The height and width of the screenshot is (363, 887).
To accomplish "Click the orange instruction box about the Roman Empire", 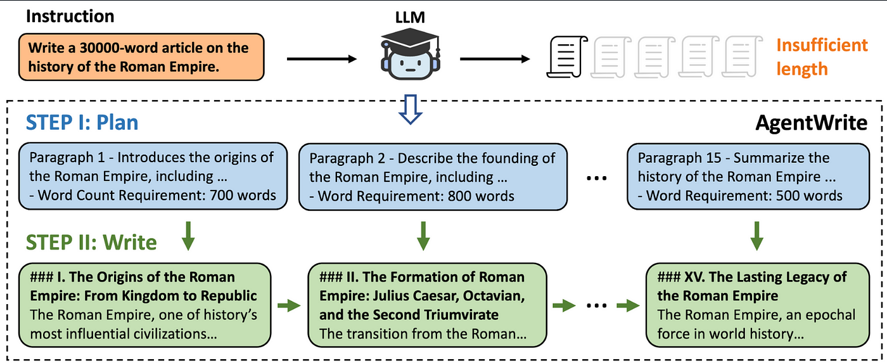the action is [141, 57].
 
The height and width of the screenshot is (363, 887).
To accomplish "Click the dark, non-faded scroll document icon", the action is [567, 56].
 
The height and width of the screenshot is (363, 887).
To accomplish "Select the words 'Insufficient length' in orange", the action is [822, 57].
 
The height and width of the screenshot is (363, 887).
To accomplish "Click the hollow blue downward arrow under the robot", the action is [411, 110].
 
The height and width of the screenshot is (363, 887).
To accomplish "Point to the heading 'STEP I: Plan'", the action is [82, 122].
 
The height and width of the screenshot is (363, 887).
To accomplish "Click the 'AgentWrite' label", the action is [812, 123].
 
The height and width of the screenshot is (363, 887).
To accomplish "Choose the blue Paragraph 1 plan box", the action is [153, 176].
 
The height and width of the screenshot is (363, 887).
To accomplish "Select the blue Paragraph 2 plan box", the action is [433, 177].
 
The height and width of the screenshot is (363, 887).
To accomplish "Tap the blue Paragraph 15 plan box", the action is [748, 177].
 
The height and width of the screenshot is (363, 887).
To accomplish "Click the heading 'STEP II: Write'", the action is [91, 242].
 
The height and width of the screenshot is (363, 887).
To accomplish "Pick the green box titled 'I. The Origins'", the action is [145, 305].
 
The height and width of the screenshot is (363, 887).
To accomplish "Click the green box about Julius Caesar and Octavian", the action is [427, 305].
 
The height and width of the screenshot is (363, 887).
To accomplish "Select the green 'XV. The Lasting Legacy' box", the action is [758, 305].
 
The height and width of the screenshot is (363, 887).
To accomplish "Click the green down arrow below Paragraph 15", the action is [756, 236].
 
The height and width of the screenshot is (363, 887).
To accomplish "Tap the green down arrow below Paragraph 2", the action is [423, 236].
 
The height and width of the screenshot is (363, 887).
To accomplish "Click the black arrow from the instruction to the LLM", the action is [322, 59].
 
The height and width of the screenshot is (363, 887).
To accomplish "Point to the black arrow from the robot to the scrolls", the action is [495, 59].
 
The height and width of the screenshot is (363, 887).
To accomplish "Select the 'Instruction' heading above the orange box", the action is [70, 16].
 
